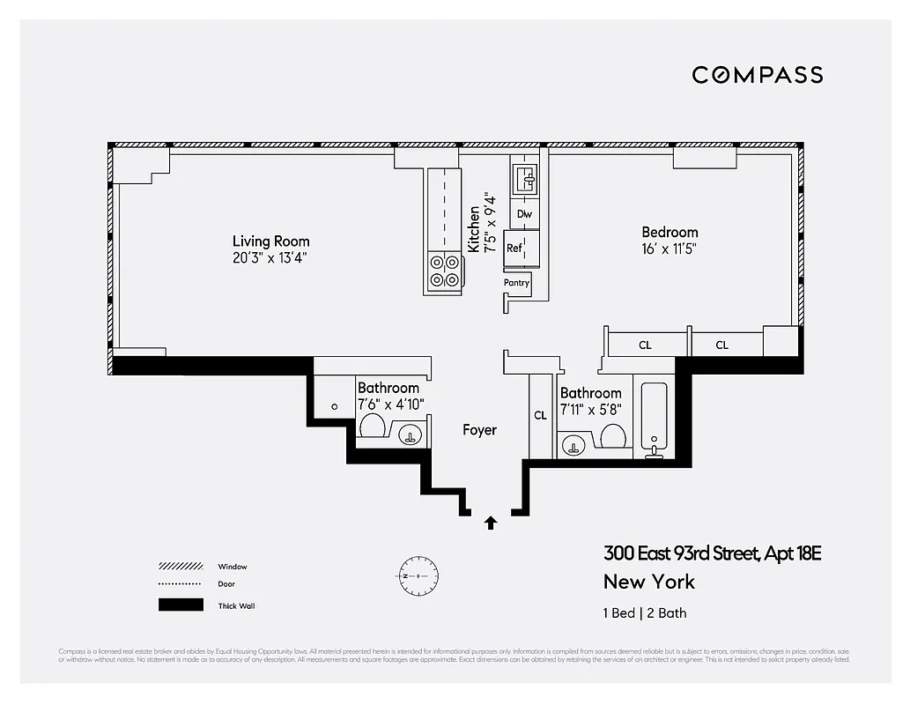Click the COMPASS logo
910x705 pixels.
tap(757, 75)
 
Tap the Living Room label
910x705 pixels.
tap(270, 241)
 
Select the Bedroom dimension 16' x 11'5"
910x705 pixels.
tap(670, 249)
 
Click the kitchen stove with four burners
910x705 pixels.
tap(444, 271)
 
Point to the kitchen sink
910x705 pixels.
tap(525, 182)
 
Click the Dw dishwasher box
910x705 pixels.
tap(524, 214)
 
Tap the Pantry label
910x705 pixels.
tap(516, 283)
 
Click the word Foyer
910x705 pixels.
tap(479, 430)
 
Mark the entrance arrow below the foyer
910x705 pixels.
tap(491, 523)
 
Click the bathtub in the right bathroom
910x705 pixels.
tap(654, 419)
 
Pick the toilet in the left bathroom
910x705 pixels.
tap(371, 427)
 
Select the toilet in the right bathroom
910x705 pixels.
tap(612, 435)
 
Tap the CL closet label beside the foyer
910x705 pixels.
tap(541, 414)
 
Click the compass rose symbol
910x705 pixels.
tap(418, 575)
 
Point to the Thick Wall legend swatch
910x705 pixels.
tap(180, 605)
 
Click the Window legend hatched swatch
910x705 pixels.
tap(180, 566)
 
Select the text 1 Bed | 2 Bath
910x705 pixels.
tap(645, 613)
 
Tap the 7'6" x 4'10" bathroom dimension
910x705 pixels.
tap(391, 404)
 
